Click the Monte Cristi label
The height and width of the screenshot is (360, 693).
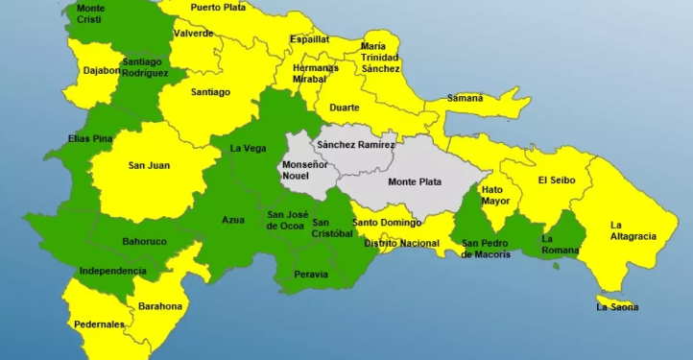(91, 13)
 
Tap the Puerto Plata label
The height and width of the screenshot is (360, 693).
(218, 7)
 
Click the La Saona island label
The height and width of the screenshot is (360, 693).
(617, 307)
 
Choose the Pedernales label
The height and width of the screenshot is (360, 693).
(101, 324)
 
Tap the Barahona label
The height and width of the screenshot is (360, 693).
(159, 306)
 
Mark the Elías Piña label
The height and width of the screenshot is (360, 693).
(91, 138)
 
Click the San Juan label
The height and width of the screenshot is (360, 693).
(149, 165)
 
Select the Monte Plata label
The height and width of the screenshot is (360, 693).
(415, 181)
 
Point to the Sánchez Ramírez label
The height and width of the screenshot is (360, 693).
(356, 145)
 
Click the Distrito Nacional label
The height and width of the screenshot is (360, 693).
(401, 244)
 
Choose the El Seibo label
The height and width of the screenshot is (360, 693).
(556, 180)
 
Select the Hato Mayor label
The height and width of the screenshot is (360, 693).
(495, 195)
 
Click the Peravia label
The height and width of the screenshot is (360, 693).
(312, 275)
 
